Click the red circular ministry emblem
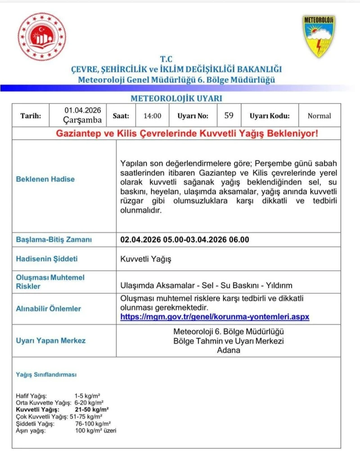(42, 36)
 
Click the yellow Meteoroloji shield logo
(318, 36)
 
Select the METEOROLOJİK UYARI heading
(176, 98)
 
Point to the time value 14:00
(153, 116)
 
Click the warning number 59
(229, 116)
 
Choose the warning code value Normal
(319, 116)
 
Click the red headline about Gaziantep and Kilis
(186, 134)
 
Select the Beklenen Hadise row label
(45, 179)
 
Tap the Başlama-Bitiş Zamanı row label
(54, 240)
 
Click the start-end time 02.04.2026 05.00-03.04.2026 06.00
(184, 240)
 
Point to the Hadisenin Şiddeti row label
(47, 259)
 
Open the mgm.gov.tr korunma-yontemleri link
(215, 317)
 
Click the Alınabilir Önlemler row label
(49, 308)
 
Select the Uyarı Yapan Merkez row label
(51, 340)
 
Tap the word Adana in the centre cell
(229, 350)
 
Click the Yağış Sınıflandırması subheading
(46, 374)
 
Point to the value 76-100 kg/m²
(93, 424)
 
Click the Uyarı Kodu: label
(270, 116)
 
